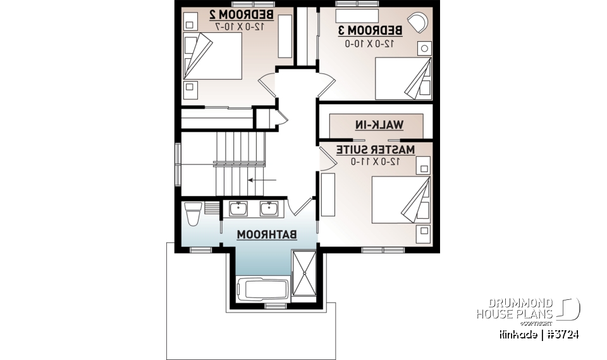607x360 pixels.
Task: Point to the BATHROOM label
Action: coord(267,235)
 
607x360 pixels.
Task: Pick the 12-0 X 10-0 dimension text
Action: coord(371,43)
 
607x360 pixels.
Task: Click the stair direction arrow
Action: coord(261,180)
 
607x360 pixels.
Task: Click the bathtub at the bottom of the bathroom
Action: coord(262,290)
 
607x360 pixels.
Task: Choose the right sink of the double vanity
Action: coord(268,208)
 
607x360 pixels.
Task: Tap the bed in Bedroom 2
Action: coord(212,57)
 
